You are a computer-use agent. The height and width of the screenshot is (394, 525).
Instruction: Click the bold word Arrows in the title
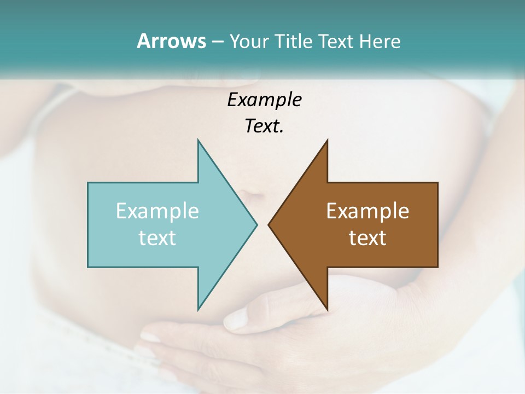171,41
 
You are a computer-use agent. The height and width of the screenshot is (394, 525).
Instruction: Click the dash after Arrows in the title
217,42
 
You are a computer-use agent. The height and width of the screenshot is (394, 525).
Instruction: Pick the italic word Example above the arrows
264,100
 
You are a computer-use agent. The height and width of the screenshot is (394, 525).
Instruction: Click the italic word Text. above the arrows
264,126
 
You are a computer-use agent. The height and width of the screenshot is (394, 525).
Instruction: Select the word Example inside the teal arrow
157,211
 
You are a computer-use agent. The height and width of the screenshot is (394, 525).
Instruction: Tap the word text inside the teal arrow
157,238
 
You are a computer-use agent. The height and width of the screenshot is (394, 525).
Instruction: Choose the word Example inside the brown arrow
367,211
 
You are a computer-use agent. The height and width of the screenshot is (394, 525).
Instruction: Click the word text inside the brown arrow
367,238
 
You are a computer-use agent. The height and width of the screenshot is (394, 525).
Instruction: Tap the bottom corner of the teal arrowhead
198,309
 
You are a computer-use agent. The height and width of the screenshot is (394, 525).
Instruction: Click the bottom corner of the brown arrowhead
327,309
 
